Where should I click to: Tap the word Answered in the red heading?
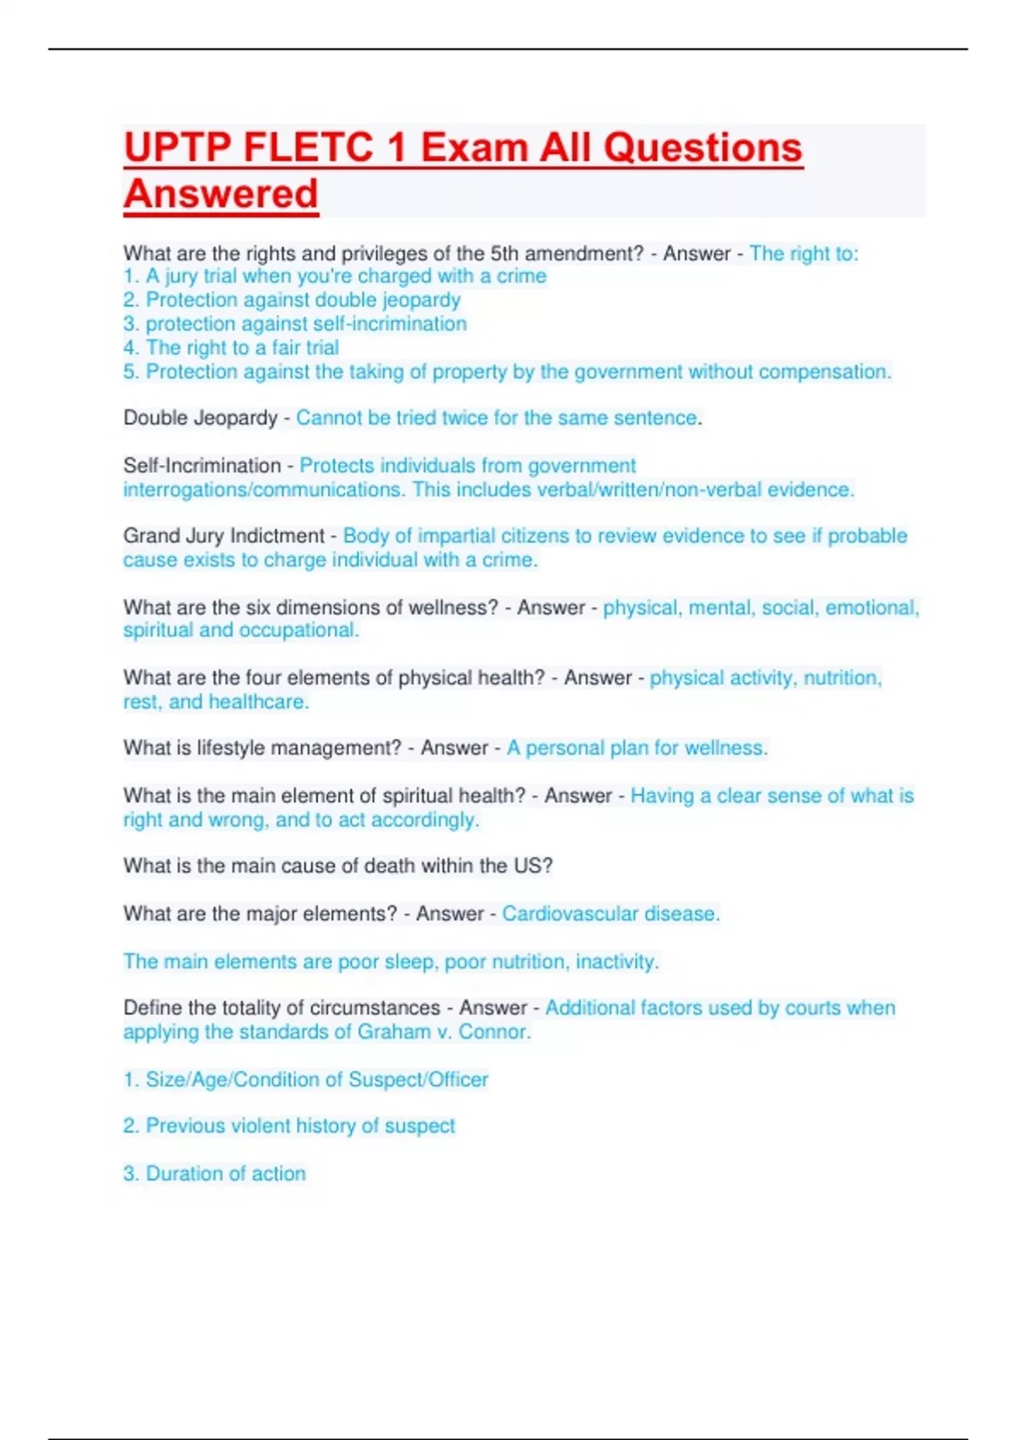point(221,194)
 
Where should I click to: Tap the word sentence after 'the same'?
point(657,418)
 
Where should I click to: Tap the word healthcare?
point(258,702)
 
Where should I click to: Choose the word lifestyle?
point(235,748)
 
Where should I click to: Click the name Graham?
point(394,1033)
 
